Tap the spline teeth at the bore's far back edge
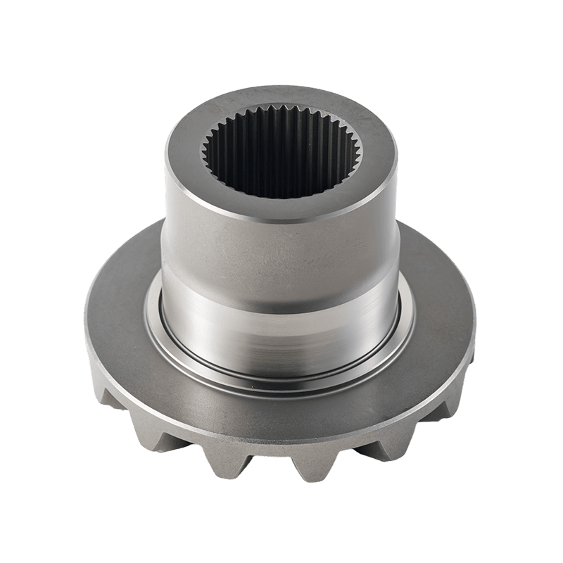click(281, 115)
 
